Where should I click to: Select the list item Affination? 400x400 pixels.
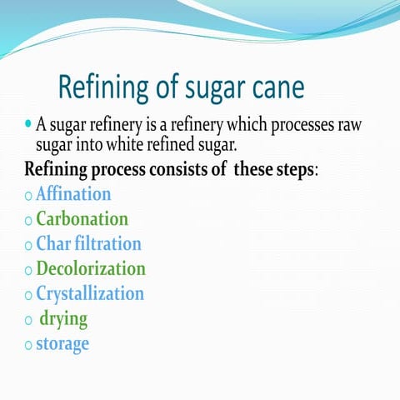(x=73, y=194)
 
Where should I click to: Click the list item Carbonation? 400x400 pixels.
(x=82, y=219)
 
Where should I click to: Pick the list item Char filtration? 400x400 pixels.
(x=88, y=244)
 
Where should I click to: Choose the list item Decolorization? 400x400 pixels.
(x=91, y=269)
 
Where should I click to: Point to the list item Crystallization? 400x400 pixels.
(x=90, y=294)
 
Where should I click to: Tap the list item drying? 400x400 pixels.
(x=63, y=319)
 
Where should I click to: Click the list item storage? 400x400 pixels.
(x=62, y=343)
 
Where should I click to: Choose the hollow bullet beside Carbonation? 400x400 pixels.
(x=28, y=222)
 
